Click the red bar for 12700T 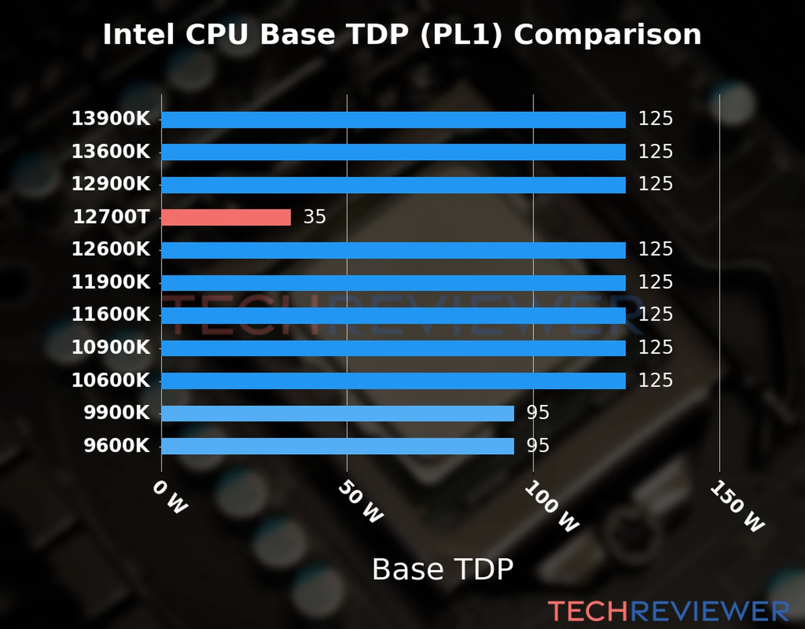pos(226,217)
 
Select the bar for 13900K pos(393,120)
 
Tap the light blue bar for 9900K pos(338,413)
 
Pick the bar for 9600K pos(338,446)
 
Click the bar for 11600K pos(393,315)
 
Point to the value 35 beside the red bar pos(314,216)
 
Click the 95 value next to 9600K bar pos(538,446)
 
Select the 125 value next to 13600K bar pos(655,151)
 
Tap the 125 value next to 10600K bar pos(655,380)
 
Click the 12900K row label pos(111,184)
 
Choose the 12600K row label pos(111,249)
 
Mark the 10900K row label pos(111,347)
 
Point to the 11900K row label pos(111,282)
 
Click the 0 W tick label pos(170,497)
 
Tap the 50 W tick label pos(361,502)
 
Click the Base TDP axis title pos(442,569)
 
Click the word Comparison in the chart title pos(607,35)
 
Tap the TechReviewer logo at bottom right pos(668,611)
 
